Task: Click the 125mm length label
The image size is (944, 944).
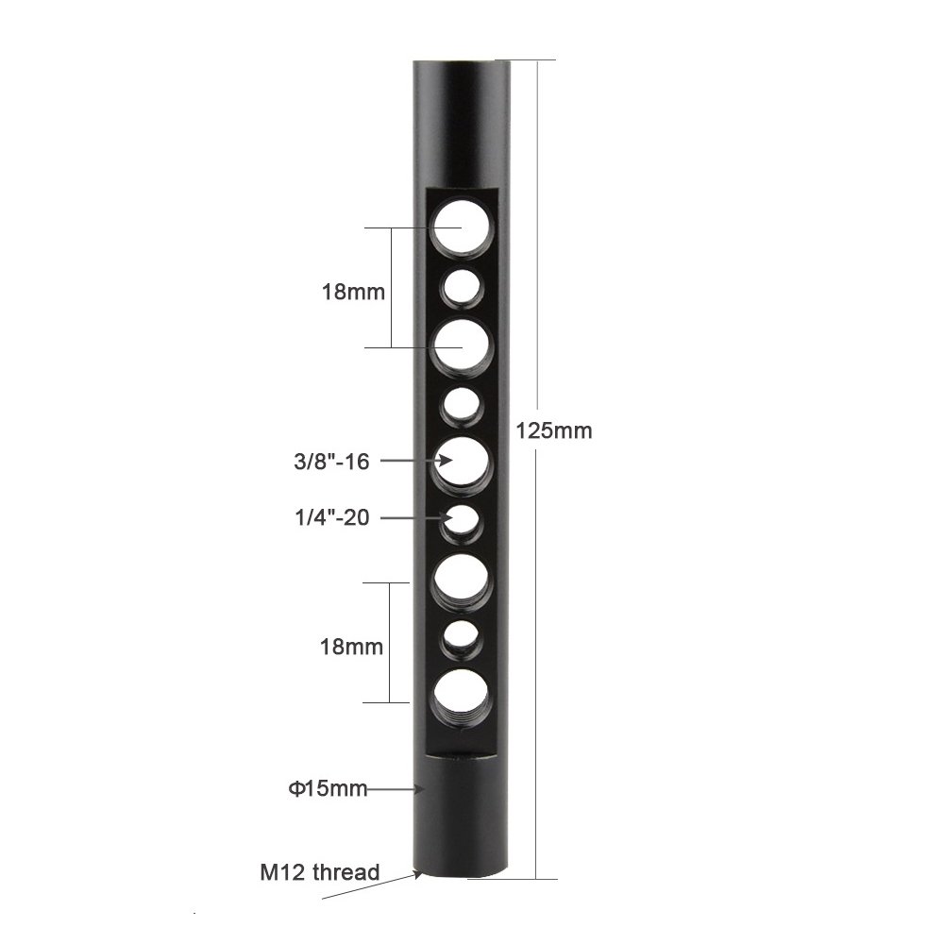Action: click(554, 431)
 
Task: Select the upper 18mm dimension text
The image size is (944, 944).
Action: click(353, 292)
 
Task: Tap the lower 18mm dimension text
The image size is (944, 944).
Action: click(351, 648)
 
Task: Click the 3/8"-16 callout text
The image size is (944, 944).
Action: click(331, 462)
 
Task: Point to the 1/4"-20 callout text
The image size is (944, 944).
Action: click(331, 517)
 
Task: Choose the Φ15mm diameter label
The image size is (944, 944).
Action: click(328, 788)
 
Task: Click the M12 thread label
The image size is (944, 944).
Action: click(320, 872)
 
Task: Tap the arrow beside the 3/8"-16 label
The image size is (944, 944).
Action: click(416, 461)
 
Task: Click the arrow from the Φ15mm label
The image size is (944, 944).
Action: click(396, 788)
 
